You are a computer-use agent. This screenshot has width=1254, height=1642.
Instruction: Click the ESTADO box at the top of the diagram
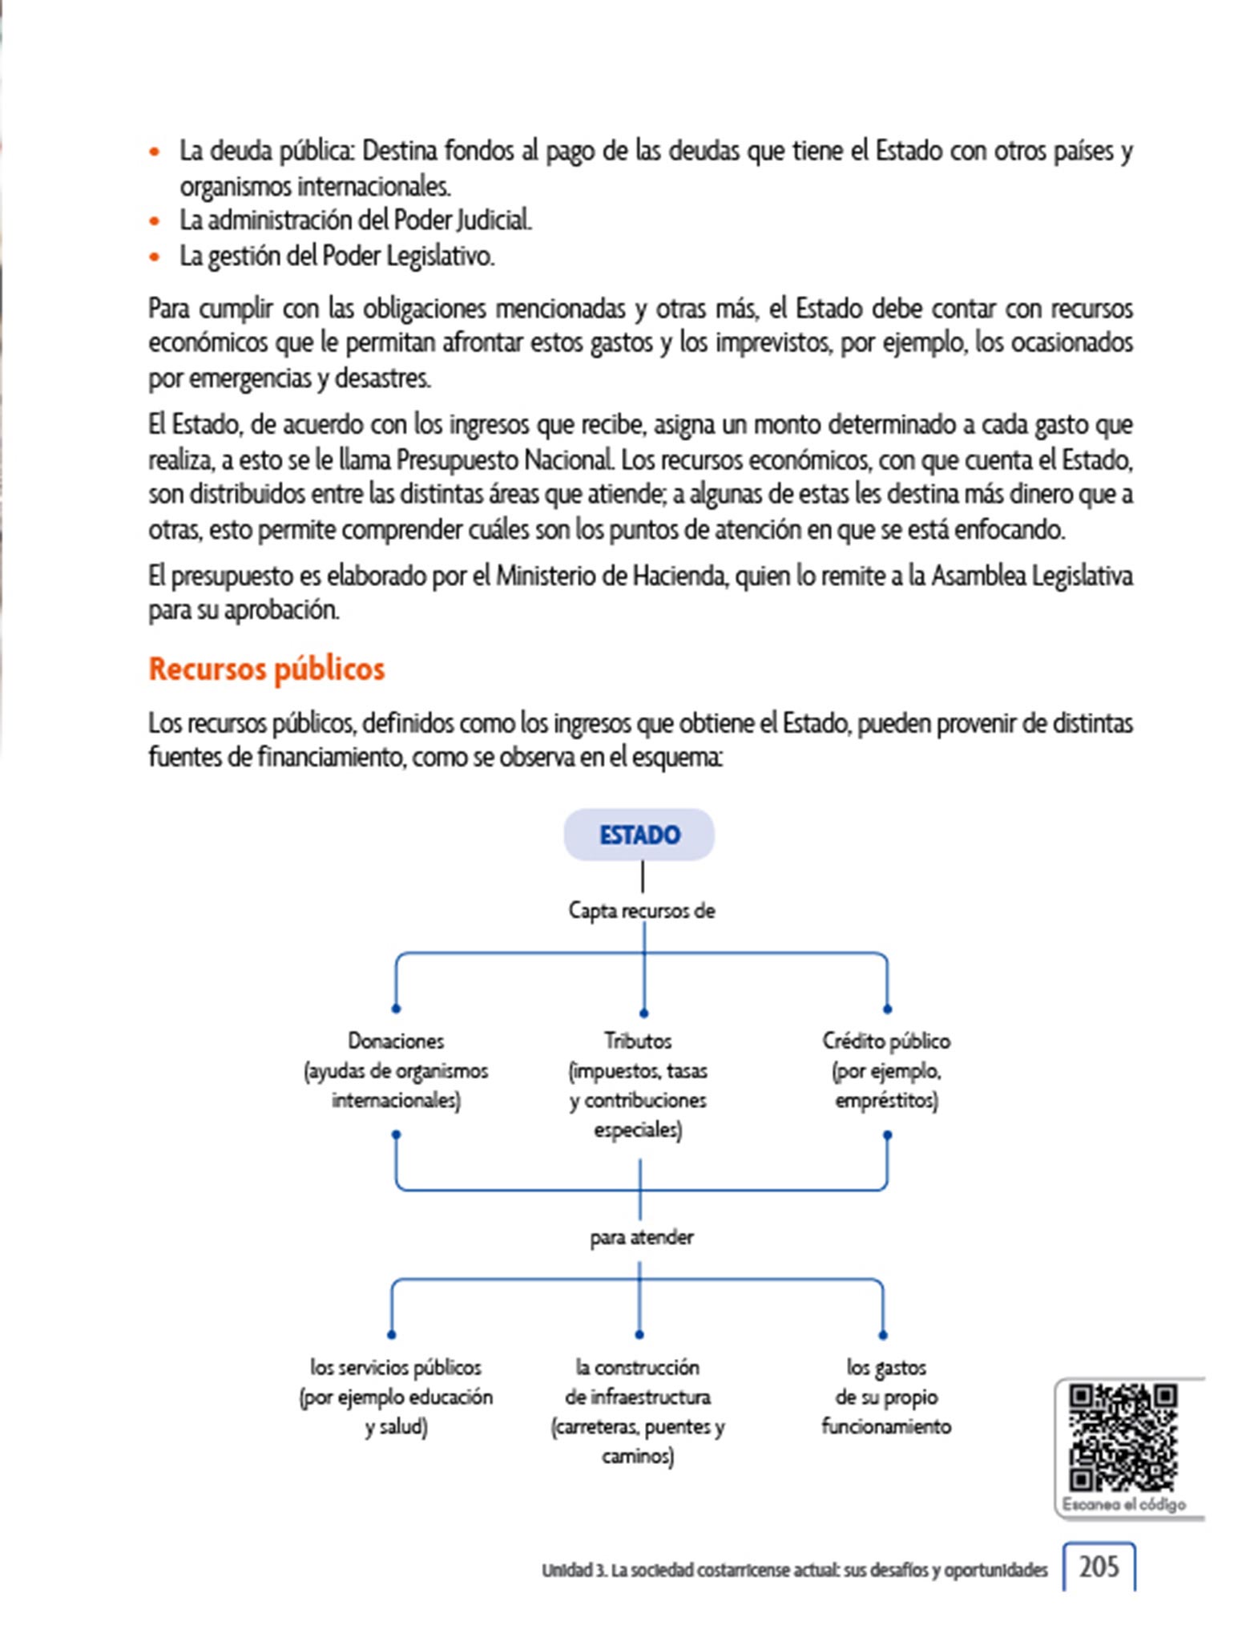639,835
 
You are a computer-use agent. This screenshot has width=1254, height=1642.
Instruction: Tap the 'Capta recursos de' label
641,911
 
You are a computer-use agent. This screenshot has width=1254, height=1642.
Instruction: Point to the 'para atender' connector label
641,1237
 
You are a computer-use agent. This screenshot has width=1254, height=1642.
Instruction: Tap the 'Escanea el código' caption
1123,1504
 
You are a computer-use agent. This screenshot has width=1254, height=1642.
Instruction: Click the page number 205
1099,1567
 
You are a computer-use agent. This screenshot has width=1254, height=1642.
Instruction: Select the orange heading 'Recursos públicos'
267,669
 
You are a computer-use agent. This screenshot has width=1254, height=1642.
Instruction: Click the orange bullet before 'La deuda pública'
155,152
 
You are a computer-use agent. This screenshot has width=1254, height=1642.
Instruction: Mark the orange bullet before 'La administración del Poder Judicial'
155,220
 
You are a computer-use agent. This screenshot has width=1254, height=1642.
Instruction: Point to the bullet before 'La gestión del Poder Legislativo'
155,257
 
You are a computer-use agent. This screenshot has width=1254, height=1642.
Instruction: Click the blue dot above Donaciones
396,1008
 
